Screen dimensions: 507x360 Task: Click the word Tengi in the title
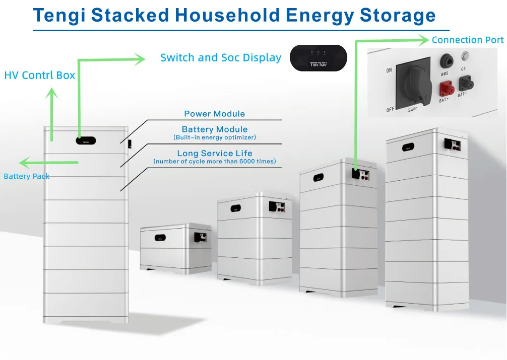pos(59,15)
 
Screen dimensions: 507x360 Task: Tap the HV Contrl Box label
pos(40,76)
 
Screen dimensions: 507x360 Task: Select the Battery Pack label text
pos(27,176)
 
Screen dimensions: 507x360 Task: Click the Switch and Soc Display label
pos(221,57)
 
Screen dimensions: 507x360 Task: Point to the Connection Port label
pos(467,40)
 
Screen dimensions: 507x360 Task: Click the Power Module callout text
pos(214,114)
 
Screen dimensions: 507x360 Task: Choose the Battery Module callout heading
pos(214,129)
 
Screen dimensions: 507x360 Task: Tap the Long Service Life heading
pos(214,153)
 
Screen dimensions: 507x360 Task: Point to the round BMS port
pos(445,61)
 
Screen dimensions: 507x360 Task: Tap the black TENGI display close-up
pos(319,58)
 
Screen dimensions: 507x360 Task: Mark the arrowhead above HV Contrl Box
pos(52,93)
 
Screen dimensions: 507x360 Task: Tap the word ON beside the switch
pos(389,70)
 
